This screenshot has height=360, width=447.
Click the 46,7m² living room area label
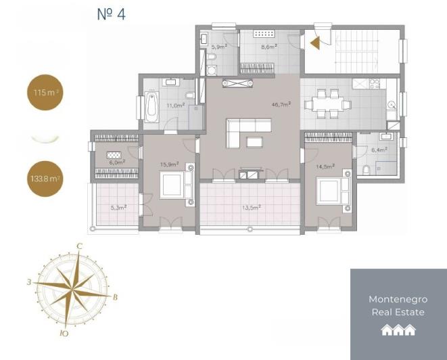click(281, 105)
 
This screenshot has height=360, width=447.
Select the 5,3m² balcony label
click(118, 208)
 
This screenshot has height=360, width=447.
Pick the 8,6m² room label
click(268, 48)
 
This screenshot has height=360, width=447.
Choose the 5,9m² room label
click(218, 47)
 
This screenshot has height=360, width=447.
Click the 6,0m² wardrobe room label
click(116, 162)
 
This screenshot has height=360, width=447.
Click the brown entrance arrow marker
click(314, 43)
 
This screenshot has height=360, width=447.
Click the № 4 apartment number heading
click(112, 14)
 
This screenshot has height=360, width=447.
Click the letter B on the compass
click(116, 296)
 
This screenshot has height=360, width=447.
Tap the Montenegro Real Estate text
click(398, 305)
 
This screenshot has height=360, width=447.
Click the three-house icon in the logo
click(398, 330)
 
